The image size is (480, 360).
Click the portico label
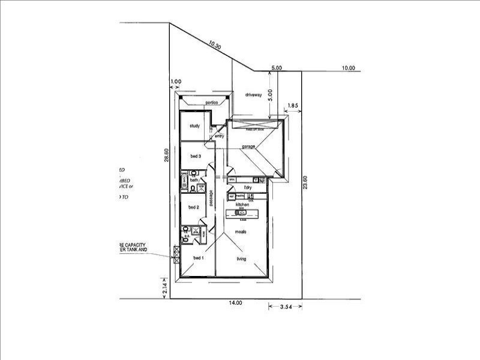(210, 102)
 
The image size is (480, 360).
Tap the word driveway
(254, 95)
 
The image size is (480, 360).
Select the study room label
(194, 126)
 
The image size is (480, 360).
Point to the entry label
(220, 136)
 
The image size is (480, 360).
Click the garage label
(249, 146)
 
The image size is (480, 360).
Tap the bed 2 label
(193, 208)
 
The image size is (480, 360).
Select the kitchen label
(242, 205)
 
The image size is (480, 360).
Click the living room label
(241, 259)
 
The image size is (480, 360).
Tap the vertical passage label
(211, 197)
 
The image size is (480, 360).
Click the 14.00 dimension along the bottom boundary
(235, 303)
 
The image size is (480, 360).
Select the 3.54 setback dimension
(286, 307)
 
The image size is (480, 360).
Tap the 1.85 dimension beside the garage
(293, 106)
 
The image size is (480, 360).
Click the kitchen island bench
(242, 214)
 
